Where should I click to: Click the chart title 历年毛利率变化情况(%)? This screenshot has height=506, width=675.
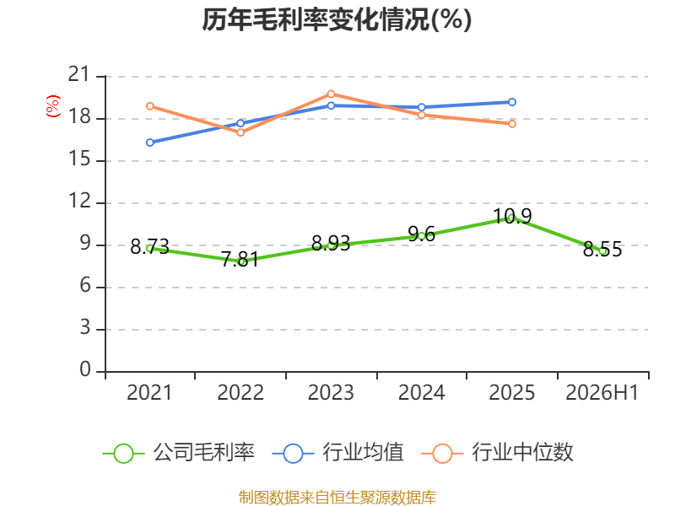click(x=337, y=19)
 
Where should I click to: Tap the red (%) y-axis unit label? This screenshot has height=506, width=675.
click(x=53, y=106)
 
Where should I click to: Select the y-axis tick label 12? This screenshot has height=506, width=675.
click(x=79, y=201)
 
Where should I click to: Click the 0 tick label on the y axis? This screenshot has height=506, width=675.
click(x=85, y=369)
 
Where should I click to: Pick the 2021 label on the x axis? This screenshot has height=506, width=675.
click(x=149, y=392)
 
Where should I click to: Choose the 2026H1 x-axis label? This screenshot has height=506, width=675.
click(x=602, y=392)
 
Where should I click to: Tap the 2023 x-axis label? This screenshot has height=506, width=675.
click(x=331, y=392)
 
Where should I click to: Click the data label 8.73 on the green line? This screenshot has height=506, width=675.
click(x=149, y=247)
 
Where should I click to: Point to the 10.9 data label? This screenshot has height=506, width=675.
click(x=512, y=216)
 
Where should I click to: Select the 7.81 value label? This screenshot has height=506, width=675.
click(x=240, y=260)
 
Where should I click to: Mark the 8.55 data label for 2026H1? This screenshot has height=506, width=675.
click(x=602, y=249)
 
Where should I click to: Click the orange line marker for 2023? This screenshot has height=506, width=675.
click(x=331, y=94)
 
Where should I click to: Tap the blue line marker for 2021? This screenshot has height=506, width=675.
click(x=150, y=143)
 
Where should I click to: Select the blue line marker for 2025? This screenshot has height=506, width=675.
click(x=512, y=102)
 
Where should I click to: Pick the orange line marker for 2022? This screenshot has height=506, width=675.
click(x=240, y=132)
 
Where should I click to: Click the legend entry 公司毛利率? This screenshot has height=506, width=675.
click(x=179, y=453)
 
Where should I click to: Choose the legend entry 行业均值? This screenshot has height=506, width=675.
click(x=338, y=453)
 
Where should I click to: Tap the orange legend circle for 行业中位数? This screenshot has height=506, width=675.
click(x=442, y=454)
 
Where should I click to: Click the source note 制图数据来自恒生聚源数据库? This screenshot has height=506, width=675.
click(x=337, y=498)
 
